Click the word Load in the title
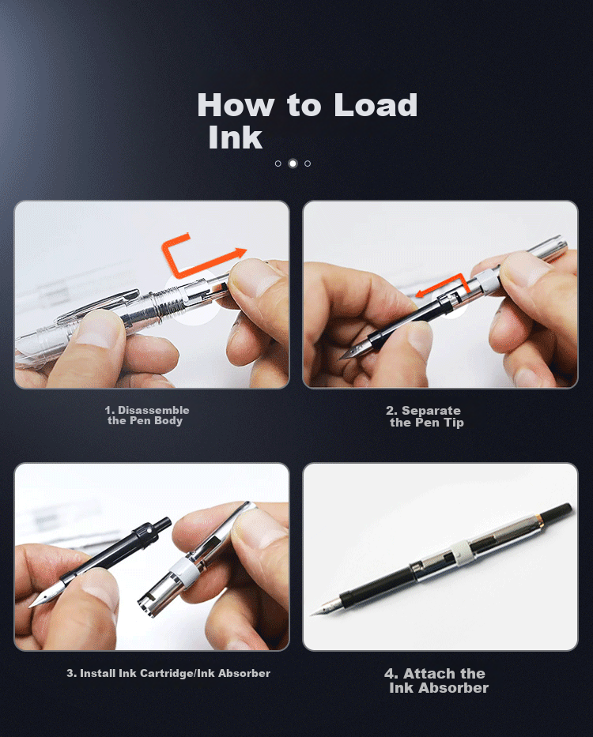tap(376, 104)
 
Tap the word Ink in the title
tap(236, 137)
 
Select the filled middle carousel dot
tap(293, 164)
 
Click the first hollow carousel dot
tap(278, 164)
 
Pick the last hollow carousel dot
tap(308, 164)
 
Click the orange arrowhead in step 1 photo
tap(241, 253)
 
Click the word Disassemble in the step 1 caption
tap(153, 410)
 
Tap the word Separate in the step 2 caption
tap(431, 410)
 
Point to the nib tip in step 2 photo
tap(342, 359)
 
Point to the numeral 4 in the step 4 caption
tap(391, 674)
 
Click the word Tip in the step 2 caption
tap(454, 423)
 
